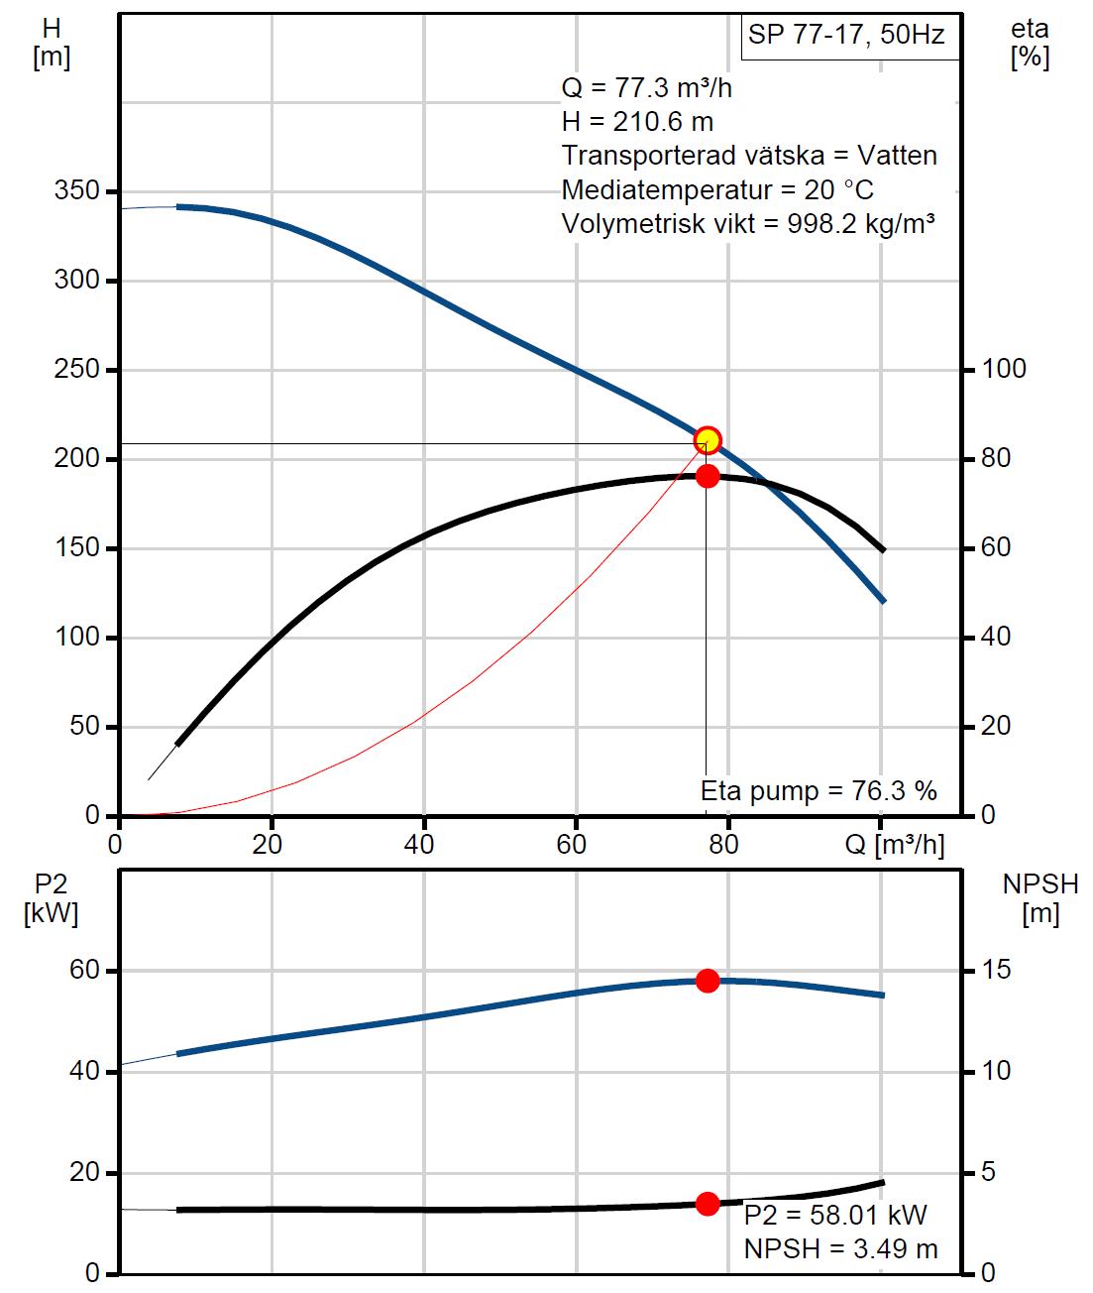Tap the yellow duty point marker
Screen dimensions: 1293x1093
pyautogui.click(x=708, y=440)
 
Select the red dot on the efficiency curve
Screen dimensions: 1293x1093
pyautogui.click(x=708, y=476)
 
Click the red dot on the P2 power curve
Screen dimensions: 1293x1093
pyautogui.click(x=708, y=981)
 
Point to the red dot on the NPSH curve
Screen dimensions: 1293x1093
pyautogui.click(x=708, y=1204)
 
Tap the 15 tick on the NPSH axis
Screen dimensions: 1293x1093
pyautogui.click(x=996, y=970)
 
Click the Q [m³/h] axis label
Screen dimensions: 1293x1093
pyautogui.click(x=896, y=845)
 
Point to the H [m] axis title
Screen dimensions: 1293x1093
pyautogui.click(x=52, y=44)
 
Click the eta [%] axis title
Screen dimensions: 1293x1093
pyautogui.click(x=1030, y=44)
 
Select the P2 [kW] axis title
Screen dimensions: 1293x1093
pyautogui.click(x=50, y=898)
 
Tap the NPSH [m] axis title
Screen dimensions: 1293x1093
pyautogui.click(x=1039, y=898)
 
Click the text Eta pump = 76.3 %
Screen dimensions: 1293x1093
pyautogui.click(x=819, y=791)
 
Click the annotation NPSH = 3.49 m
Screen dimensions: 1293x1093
pyautogui.click(x=840, y=1248)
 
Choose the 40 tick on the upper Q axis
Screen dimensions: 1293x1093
pyautogui.click(x=423, y=845)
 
